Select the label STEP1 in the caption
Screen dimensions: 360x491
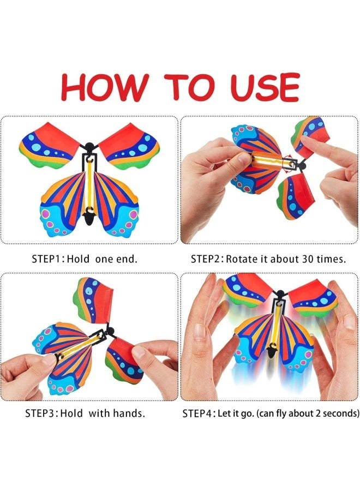(45, 259)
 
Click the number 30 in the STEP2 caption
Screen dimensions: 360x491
(308, 259)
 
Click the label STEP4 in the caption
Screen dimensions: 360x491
(196, 414)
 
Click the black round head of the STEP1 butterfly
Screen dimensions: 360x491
(89, 146)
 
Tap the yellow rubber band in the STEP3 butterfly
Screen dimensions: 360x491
(80, 345)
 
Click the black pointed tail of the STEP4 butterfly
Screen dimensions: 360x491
(272, 350)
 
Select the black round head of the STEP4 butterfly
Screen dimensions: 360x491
(280, 294)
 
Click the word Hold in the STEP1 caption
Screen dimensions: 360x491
(78, 259)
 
